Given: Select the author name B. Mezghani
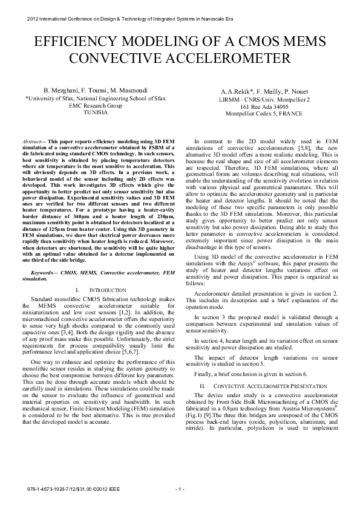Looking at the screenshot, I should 62,89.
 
